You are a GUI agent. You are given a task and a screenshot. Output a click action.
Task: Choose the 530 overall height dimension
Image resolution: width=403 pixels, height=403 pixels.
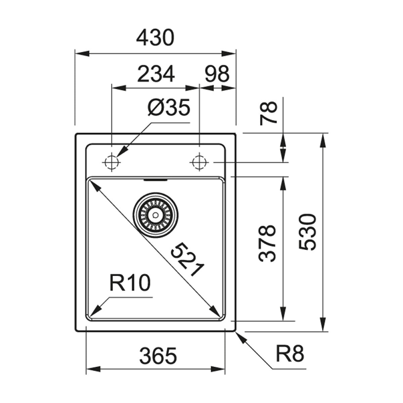coord(308,232)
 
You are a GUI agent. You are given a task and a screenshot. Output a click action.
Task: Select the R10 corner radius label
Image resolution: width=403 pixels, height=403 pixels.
coord(129,283)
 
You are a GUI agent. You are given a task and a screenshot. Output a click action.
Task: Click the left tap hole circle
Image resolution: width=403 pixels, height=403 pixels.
coord(111,163)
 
